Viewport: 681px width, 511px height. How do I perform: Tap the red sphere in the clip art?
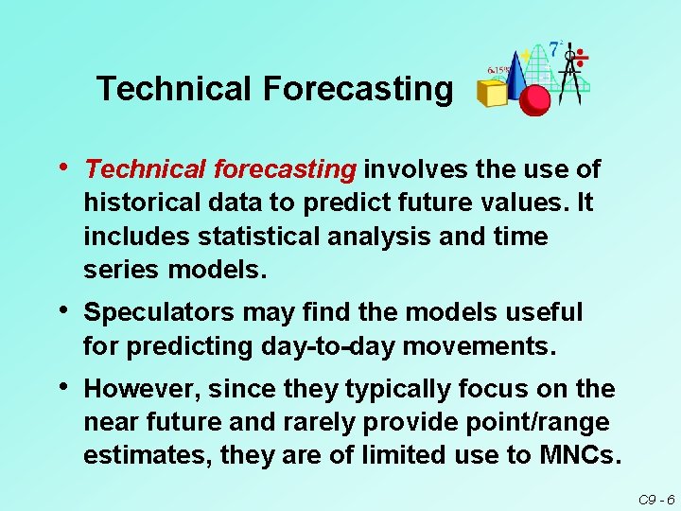535,98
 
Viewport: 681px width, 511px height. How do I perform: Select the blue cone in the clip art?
516,76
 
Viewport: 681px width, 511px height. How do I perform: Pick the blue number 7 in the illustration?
554,49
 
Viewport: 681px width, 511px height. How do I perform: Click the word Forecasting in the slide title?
358,89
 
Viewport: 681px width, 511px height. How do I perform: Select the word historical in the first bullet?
140,203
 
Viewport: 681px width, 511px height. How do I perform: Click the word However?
141,389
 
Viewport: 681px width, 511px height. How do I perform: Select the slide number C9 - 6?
655,499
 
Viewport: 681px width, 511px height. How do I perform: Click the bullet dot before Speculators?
62,309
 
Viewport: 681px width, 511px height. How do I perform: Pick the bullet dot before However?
62,387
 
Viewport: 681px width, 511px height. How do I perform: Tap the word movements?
477,346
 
